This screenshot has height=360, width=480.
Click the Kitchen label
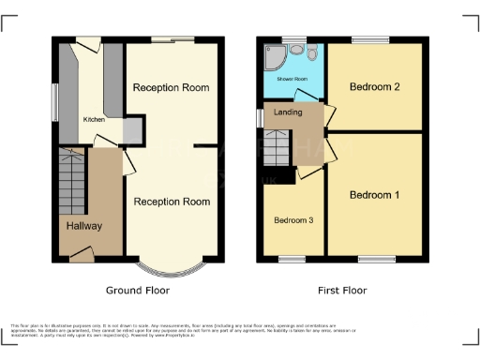(94, 120)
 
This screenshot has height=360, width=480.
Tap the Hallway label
(83, 226)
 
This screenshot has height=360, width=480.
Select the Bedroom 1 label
(374, 195)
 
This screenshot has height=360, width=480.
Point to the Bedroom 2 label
(374, 87)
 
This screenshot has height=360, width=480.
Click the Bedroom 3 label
(292, 220)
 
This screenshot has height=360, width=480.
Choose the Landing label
(287, 112)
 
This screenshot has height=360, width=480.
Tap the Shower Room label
(292, 80)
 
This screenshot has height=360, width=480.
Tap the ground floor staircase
(71, 180)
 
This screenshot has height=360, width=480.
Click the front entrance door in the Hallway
(81, 253)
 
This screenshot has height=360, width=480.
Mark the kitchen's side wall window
(54, 101)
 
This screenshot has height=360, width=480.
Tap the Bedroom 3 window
(292, 257)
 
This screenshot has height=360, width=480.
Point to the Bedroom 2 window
(370, 39)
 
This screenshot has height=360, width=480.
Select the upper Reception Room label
(171, 87)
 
